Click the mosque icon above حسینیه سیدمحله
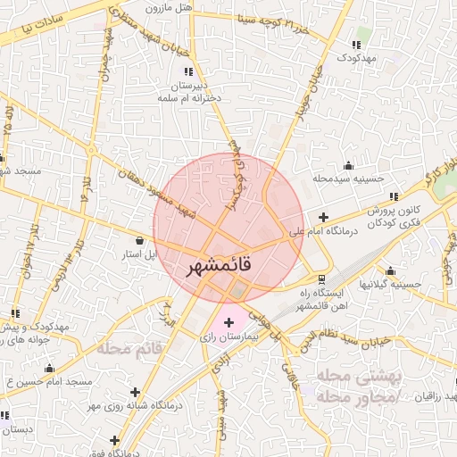346,166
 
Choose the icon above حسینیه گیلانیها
390,270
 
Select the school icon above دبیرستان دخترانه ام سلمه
187,71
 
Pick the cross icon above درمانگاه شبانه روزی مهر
135,391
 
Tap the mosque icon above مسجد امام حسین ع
50,368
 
